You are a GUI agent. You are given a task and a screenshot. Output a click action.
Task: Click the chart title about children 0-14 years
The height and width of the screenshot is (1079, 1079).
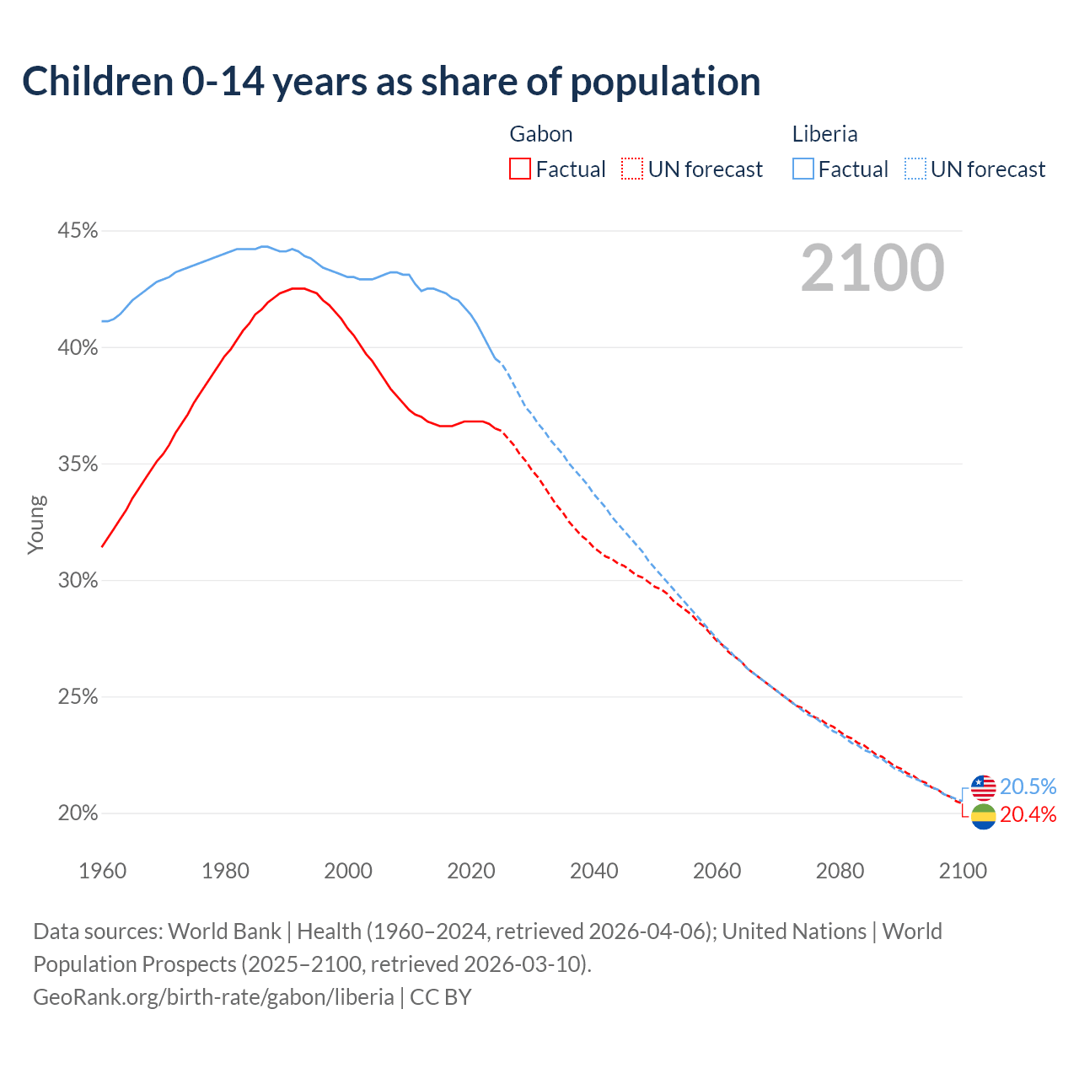391,82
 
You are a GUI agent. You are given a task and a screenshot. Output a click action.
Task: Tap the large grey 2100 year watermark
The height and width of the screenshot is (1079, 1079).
872,268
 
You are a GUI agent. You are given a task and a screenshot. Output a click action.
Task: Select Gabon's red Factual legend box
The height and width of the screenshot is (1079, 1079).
520,169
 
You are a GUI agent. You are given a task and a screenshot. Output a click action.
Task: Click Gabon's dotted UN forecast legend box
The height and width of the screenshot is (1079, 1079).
632,169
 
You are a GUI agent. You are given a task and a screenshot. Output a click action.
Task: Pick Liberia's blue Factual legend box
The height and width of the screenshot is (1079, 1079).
803,169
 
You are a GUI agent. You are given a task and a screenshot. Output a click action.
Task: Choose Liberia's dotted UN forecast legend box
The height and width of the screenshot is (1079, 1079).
915,169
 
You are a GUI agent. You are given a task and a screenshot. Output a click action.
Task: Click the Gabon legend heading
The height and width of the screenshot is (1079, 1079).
541,134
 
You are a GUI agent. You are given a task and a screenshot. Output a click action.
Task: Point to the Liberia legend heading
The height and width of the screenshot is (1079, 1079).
824,134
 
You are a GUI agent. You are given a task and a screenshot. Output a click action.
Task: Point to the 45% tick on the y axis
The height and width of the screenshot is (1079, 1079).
77,231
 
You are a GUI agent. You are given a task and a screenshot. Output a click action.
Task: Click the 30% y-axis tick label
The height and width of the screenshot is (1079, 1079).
77,581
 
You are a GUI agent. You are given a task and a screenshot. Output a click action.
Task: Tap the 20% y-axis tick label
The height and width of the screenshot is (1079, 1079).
77,813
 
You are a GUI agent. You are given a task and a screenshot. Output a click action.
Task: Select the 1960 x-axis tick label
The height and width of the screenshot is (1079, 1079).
102,871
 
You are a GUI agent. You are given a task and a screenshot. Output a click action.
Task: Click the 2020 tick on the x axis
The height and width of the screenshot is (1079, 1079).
471,871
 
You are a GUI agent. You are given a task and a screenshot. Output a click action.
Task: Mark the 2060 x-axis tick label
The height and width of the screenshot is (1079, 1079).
717,871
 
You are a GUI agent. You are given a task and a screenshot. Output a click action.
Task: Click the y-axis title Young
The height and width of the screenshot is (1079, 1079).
36,524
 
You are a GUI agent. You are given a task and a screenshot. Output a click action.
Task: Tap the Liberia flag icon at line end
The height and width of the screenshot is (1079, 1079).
984,787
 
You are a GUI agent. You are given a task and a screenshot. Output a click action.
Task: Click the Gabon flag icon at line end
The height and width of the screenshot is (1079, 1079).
984,816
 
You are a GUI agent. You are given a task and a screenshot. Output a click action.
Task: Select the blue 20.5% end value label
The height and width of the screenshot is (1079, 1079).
1028,786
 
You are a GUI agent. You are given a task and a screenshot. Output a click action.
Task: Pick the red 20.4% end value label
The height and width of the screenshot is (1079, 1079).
1028,814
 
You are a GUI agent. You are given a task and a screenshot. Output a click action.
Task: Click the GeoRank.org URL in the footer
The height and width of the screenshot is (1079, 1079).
213,997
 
